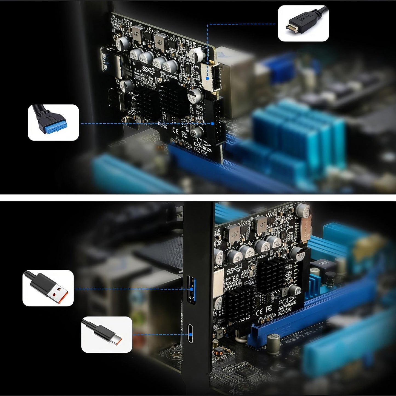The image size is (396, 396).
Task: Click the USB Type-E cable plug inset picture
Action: [303, 23]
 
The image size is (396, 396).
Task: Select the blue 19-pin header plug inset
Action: [53, 122]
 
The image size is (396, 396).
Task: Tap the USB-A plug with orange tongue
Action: [48, 288]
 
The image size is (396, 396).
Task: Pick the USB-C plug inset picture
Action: [107, 335]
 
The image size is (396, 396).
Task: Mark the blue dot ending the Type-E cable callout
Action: [207, 78]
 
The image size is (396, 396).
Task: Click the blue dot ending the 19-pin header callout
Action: [212, 124]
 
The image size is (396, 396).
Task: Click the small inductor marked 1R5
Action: [220, 335]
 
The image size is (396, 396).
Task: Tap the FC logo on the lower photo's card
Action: [269, 309]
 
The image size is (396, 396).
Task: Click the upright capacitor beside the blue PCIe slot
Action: [274, 341]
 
